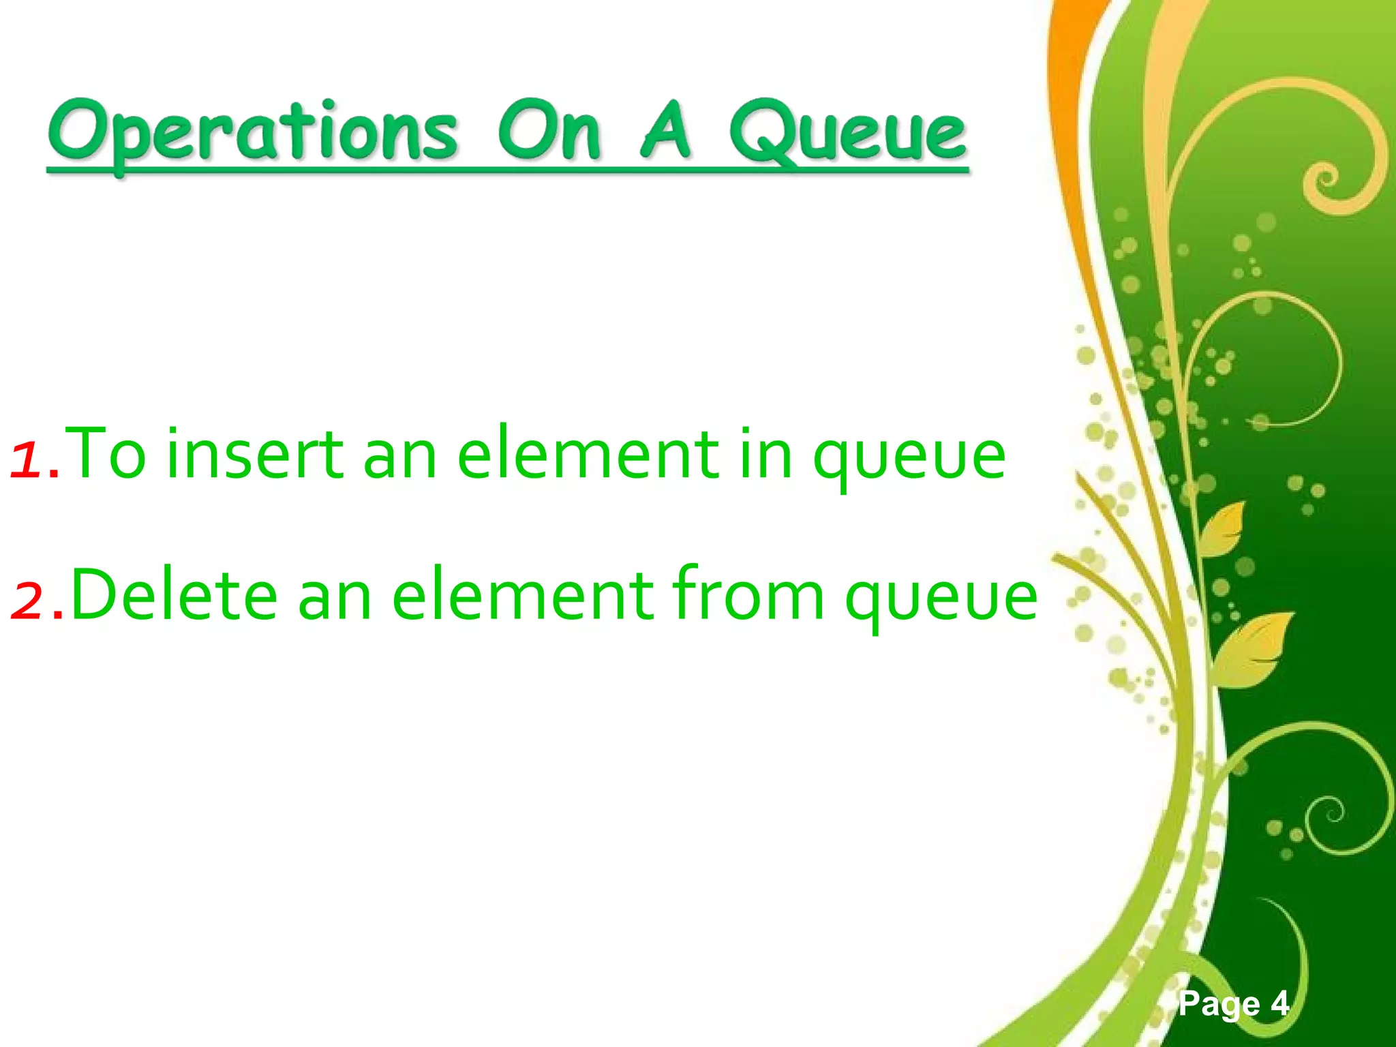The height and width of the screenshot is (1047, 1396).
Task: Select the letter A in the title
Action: [665, 130]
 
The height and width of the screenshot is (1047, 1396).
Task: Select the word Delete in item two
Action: [174, 595]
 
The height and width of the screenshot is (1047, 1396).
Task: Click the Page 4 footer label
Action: [1233, 1004]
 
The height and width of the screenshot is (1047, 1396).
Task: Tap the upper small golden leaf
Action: [1224, 528]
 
